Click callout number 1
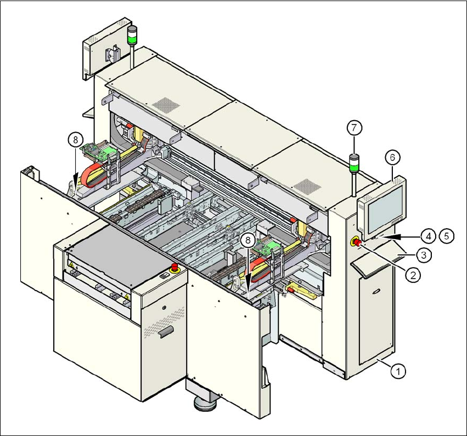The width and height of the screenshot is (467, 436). (399, 371)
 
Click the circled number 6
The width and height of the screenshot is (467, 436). (392, 157)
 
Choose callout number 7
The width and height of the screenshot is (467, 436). (354, 129)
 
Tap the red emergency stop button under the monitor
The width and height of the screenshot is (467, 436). (355, 242)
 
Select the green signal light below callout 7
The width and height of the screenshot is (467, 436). (355, 162)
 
